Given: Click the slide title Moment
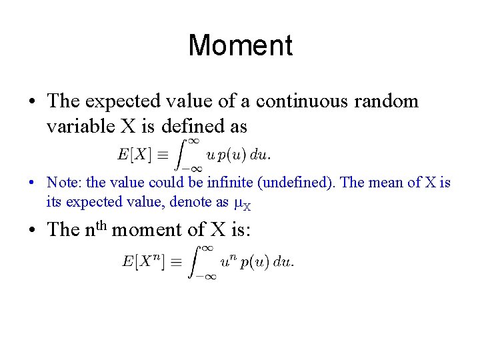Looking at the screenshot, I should [240, 45].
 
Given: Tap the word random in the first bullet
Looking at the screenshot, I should [387, 101].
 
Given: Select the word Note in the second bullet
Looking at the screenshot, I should [60, 182].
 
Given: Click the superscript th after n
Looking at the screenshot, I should [100, 225].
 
